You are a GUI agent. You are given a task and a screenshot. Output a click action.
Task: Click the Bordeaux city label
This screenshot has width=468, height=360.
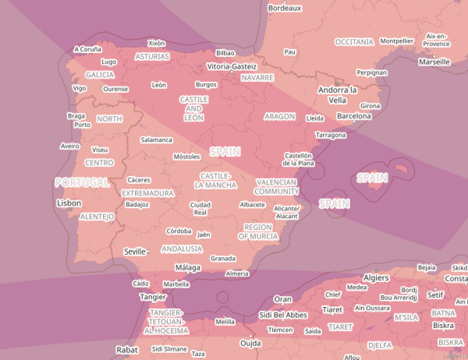284,8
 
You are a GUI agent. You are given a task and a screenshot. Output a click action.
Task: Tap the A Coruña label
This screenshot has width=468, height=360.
87,48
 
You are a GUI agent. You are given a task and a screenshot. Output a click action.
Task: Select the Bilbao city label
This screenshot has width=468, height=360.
225,53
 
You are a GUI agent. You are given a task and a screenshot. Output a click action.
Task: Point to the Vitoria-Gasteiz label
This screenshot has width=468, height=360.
232,67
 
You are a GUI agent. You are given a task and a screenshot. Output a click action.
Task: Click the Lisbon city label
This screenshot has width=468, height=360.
69,203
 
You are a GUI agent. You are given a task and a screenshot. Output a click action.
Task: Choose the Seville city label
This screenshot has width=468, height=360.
135,252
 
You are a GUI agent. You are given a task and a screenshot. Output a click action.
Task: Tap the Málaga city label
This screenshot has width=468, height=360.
188,267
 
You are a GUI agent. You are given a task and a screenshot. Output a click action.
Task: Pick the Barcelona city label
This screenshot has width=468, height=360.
353,115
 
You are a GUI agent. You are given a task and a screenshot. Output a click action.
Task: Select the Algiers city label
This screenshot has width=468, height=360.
376,278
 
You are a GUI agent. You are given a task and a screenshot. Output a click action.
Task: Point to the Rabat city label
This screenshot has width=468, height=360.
126,350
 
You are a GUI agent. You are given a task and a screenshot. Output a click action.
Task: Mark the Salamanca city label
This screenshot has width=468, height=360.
156,139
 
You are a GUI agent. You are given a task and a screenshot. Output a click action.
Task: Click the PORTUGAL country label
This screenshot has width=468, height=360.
81,182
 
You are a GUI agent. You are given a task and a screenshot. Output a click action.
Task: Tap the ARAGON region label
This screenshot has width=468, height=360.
280,116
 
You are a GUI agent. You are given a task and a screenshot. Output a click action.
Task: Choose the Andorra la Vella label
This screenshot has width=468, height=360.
337,95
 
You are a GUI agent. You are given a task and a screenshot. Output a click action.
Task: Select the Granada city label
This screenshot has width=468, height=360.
223,258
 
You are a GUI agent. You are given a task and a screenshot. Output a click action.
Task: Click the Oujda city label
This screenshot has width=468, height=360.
250,343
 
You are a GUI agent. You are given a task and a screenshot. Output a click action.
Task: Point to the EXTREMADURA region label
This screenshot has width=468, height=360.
147,192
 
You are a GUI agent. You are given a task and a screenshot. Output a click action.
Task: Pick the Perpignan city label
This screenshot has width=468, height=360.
371,72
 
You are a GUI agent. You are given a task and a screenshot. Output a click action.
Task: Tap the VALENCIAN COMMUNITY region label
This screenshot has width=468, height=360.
277,186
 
